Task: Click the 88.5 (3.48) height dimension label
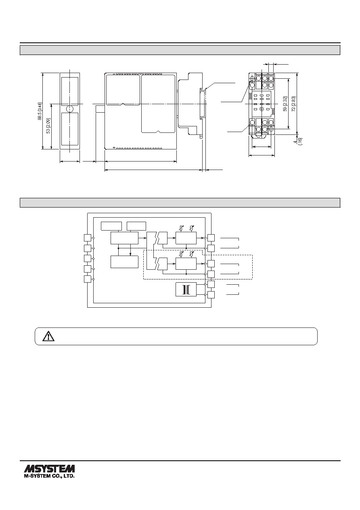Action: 40,111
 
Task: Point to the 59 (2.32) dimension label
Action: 285,104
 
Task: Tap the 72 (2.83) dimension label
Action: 293,104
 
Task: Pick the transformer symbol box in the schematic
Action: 186,290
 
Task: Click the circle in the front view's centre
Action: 70,109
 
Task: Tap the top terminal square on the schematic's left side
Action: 88,238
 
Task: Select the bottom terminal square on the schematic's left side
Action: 88,279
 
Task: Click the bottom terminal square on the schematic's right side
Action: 211,295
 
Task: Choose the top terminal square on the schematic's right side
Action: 211,238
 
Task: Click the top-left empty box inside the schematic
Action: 111,226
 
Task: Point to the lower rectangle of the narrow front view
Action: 70,129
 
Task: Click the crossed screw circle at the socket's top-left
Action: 252,79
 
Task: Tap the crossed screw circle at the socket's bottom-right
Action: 271,129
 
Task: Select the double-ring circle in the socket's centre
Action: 262,109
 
